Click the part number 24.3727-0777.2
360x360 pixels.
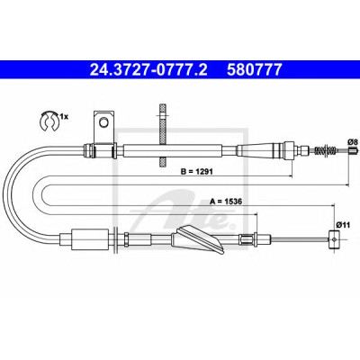tap(148, 69)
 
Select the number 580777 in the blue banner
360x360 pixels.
tap(255, 69)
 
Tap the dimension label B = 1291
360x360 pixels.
tap(196, 172)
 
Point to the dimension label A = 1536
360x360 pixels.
tap(226, 202)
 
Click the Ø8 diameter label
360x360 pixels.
tap(352, 142)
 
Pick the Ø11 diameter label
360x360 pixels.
tap(341, 224)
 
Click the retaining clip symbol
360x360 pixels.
tap(49, 121)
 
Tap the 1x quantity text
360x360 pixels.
tap(64, 116)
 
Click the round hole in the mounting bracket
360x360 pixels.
tap(103, 122)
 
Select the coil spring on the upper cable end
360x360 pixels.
tap(326, 149)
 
